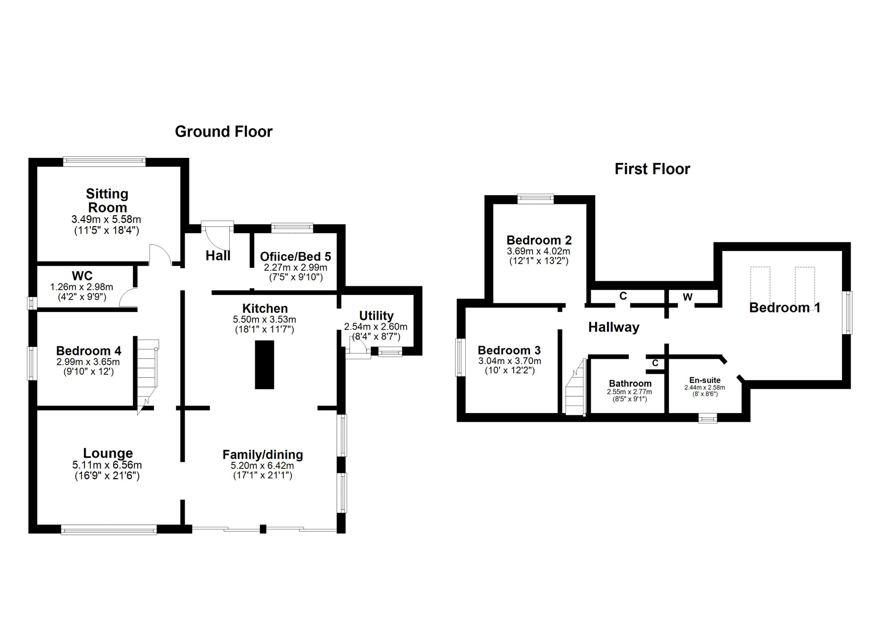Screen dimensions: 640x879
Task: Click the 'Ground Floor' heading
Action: click(224, 132)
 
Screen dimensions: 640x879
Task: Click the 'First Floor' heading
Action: click(652, 169)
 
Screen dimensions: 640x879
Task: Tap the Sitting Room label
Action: click(107, 200)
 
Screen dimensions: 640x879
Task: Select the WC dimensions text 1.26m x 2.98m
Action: click(81, 287)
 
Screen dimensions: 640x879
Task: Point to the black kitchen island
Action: click(264, 365)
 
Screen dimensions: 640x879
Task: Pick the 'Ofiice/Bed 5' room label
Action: click(295, 256)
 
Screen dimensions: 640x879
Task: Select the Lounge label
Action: click(108, 453)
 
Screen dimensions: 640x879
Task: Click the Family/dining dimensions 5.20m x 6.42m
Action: click(263, 465)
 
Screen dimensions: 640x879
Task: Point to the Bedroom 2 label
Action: click(539, 240)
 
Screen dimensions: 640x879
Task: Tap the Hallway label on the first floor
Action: click(614, 327)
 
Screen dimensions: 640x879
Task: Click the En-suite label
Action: click(705, 380)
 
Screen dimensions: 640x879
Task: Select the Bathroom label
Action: click(630, 383)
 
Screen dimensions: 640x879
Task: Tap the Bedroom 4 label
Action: click(88, 351)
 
